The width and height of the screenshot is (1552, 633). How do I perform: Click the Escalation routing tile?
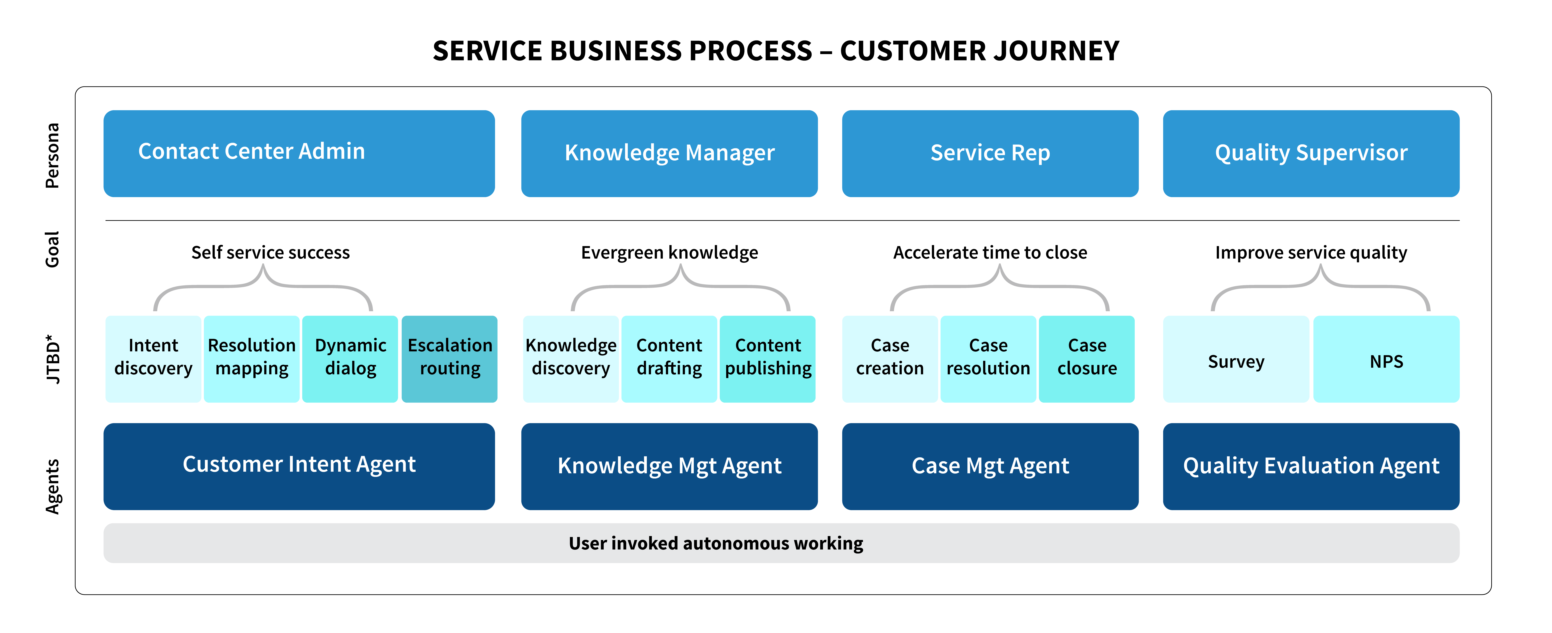point(449,359)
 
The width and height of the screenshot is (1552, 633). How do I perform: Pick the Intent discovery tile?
point(153,359)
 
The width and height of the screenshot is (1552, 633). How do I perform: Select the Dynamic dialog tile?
point(350,359)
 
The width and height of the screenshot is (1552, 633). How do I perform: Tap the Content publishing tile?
point(767,359)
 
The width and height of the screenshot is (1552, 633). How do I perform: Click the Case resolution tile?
point(988,359)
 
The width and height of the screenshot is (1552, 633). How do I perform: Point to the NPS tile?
point(1386,359)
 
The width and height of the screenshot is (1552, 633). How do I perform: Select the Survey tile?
point(1236,359)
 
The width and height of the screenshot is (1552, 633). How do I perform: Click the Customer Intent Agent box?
point(299,466)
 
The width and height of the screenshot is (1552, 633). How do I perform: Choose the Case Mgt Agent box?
point(990,466)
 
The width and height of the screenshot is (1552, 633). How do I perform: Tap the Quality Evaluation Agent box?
point(1311,466)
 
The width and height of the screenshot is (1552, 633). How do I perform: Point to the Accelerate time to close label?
point(990,252)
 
